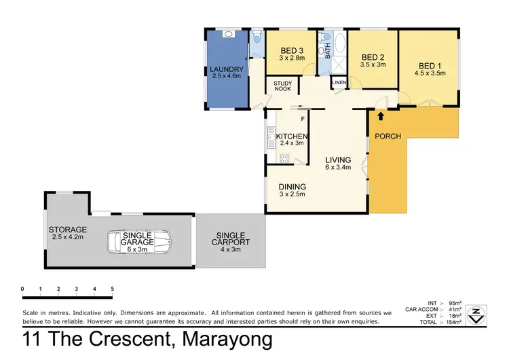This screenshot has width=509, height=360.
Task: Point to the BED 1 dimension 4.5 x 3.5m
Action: [430, 73]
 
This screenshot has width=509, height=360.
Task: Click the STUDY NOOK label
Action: [283, 86]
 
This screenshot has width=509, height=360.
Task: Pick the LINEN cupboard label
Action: [339, 83]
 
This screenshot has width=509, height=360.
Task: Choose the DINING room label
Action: [292, 187]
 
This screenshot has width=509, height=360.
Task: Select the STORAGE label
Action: [67, 230]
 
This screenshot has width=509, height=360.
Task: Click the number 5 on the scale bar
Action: [112, 289]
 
